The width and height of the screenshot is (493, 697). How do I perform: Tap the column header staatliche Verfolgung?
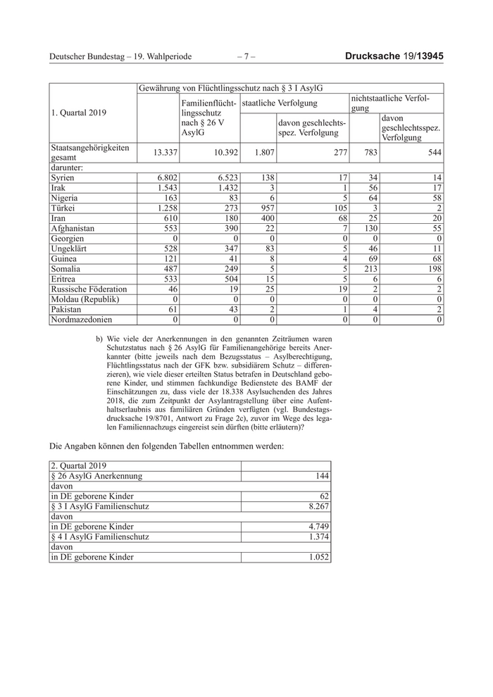279,103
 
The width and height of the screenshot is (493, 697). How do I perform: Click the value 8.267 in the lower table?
316,506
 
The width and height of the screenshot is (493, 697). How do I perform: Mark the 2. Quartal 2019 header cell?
79,466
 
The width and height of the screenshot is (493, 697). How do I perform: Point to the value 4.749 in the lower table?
316,527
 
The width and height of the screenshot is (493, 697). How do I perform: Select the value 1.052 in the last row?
316,557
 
